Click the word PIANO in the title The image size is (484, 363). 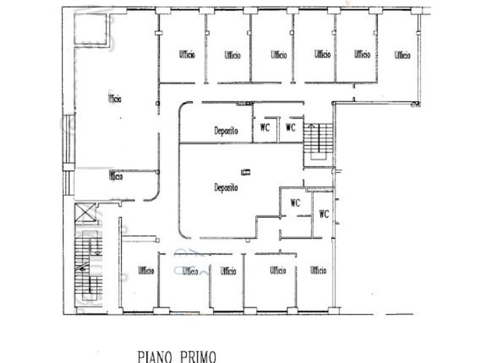[x=155, y=357]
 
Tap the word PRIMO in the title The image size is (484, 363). [x=198, y=357]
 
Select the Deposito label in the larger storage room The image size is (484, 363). [x=226, y=188]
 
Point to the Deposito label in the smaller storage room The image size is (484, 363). [x=226, y=131]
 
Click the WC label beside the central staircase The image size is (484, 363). [x=290, y=127]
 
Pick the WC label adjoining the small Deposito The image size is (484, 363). [x=265, y=127]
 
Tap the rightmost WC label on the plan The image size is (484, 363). [x=324, y=214]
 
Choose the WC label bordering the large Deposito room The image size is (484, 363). [x=295, y=203]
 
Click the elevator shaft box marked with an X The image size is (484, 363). [x=86, y=212]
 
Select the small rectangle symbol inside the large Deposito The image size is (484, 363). [x=246, y=172]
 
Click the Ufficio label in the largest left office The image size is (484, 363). [x=114, y=99]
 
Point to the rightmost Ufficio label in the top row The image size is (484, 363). [x=402, y=55]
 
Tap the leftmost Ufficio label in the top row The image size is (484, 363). [x=187, y=54]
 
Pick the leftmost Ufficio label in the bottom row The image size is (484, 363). [x=146, y=271]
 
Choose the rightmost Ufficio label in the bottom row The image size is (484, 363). [x=318, y=270]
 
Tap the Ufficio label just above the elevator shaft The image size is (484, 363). [x=116, y=176]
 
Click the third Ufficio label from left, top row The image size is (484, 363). [x=279, y=54]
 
